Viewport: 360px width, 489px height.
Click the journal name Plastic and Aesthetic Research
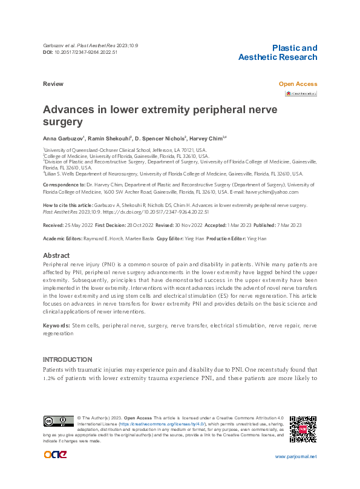coord(278,53)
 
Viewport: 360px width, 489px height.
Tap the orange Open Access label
coord(298,84)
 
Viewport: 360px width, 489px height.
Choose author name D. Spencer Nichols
coord(162,138)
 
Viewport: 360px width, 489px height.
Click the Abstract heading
coord(56,255)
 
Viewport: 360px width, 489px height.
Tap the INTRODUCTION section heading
coord(67,359)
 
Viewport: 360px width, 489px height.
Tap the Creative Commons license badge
coord(57,421)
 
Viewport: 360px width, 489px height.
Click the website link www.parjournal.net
coord(295,456)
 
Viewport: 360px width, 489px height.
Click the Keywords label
coord(56,326)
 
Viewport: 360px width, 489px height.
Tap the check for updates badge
coord(301,94)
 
